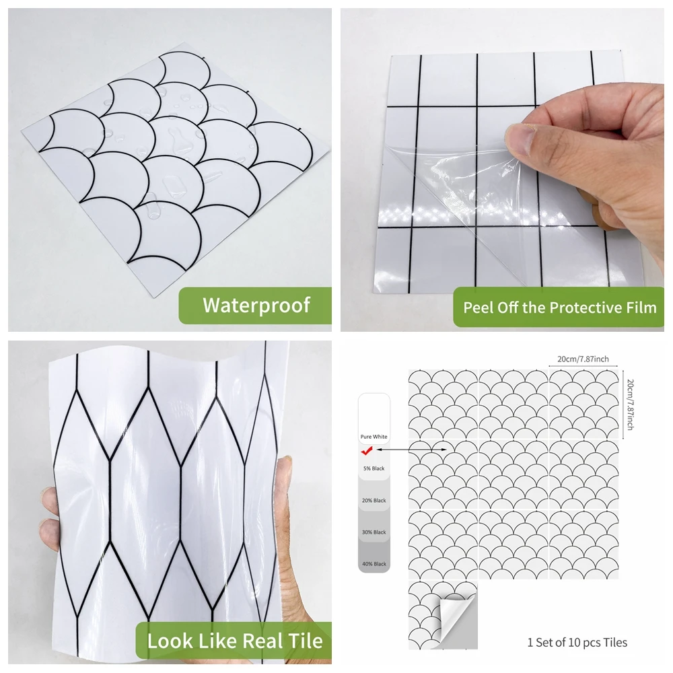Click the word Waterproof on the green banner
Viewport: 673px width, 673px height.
coord(256,305)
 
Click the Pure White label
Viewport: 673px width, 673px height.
coord(374,437)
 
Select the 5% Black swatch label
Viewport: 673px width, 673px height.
coord(374,468)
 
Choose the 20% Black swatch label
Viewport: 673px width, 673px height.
coord(374,500)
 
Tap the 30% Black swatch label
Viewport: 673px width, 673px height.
coord(374,532)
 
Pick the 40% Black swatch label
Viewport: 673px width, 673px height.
coord(374,564)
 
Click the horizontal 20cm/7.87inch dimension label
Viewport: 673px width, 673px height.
coord(583,359)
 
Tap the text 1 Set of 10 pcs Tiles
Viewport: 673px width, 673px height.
coord(577,643)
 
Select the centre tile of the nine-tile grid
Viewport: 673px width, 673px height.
coord(513,474)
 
